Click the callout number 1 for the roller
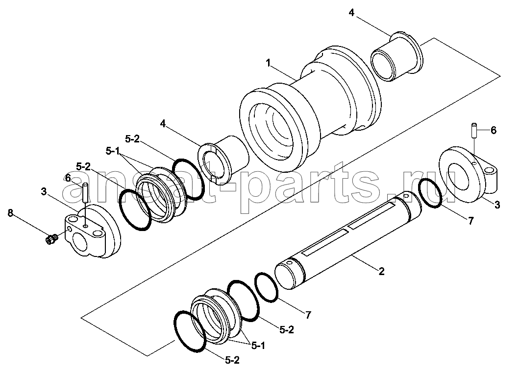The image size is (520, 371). pyautogui.click(x=268, y=62)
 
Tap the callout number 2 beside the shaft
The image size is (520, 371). pyautogui.click(x=381, y=271)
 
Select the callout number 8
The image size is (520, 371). pyautogui.click(x=11, y=213)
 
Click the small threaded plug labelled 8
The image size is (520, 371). pyautogui.click(x=51, y=239)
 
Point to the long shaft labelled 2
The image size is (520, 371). pyautogui.click(x=348, y=242)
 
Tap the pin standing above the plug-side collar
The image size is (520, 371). pyautogui.click(x=85, y=192)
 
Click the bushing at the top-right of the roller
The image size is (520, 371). pyautogui.click(x=396, y=57)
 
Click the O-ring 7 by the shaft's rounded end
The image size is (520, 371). pyautogui.click(x=266, y=287)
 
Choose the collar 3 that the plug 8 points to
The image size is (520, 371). pyautogui.click(x=92, y=231)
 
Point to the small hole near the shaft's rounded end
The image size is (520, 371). pyautogui.click(x=290, y=263)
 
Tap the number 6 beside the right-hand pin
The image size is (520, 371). pyautogui.click(x=493, y=131)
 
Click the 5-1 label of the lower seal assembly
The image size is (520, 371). pyautogui.click(x=258, y=346)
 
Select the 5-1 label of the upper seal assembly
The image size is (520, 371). pyautogui.click(x=113, y=151)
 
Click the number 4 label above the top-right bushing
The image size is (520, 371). pyautogui.click(x=351, y=13)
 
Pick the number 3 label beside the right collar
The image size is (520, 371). pyautogui.click(x=497, y=205)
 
